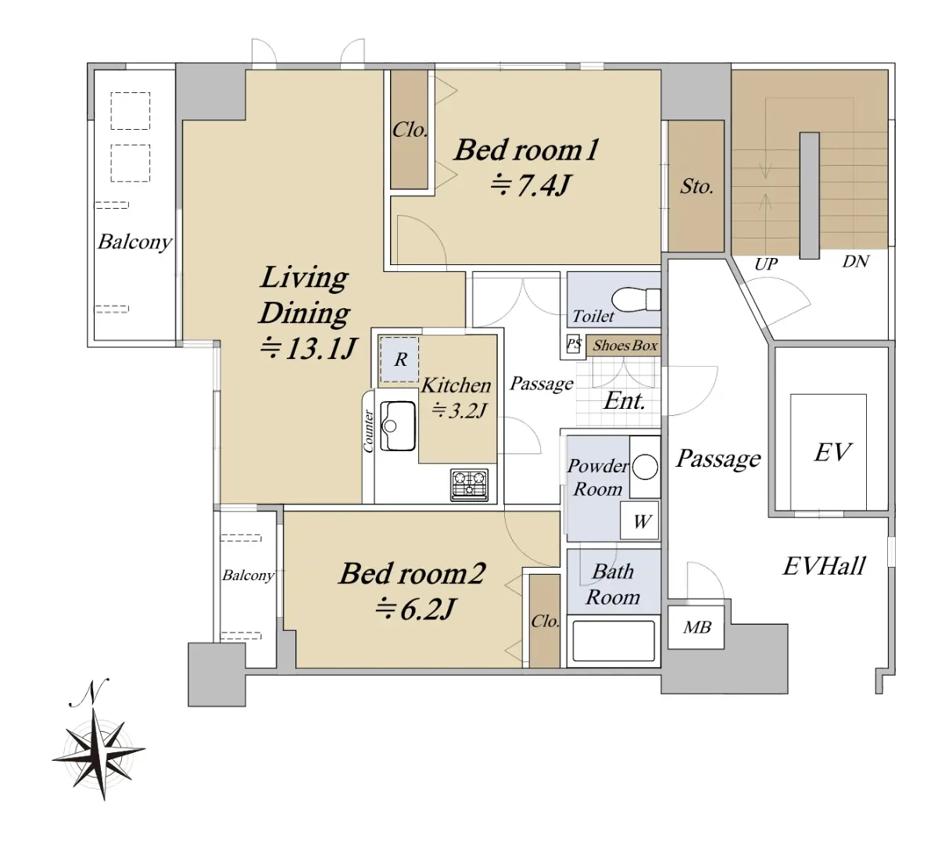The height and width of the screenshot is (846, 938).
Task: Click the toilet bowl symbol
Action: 635,299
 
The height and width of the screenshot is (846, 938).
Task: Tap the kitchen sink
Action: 397,426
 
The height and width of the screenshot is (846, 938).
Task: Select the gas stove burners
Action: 470,485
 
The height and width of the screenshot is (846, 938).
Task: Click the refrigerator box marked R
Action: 399,360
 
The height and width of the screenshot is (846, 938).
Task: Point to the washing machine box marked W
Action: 639,520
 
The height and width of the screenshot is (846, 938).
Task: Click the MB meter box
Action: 696,628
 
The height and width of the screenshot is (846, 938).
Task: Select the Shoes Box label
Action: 625,346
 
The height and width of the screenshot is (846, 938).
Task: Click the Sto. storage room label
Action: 696,186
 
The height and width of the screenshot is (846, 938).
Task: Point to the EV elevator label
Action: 832,452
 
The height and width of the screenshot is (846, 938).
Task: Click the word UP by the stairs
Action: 765,264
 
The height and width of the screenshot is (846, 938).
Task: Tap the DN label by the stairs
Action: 856,261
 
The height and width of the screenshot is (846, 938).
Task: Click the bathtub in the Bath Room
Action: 613,640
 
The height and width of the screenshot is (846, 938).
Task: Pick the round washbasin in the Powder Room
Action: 645,467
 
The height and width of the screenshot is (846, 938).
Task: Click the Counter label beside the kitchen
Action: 368,431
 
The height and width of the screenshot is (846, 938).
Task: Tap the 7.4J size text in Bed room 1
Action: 531,186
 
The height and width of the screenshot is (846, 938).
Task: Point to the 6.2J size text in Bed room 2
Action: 416,609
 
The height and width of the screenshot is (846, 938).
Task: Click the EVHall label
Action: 825,566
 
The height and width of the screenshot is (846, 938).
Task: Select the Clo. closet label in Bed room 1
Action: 410,130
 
